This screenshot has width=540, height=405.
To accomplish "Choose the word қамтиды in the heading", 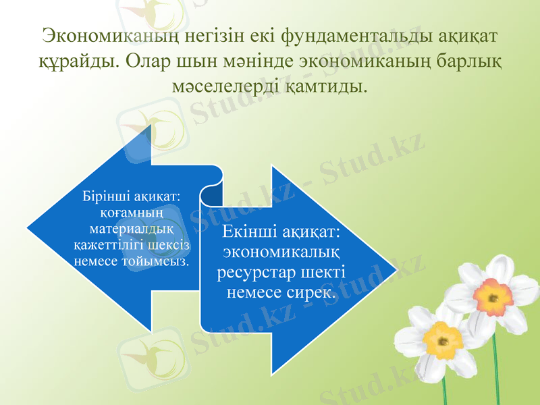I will [x=323, y=85].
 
